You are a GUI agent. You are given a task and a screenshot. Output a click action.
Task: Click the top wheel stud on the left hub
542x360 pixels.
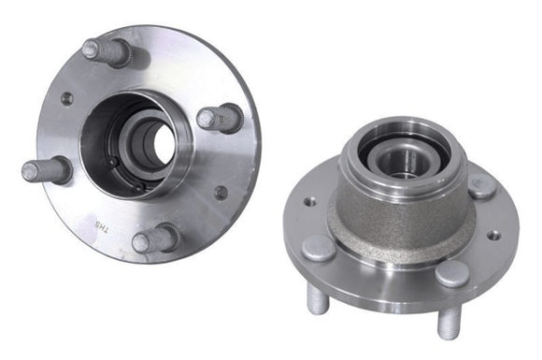[x=104, y=50]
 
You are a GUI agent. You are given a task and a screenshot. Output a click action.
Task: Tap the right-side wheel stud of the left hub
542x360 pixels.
[x=220, y=118]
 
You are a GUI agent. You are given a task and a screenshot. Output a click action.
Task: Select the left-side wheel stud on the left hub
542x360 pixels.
[x=45, y=172]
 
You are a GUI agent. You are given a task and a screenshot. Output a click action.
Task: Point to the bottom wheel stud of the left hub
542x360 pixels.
[x=154, y=240]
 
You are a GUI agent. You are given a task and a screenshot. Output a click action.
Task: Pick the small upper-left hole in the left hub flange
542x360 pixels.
[x=66, y=98]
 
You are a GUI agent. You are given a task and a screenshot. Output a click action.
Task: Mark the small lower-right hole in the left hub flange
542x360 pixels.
[x=221, y=193]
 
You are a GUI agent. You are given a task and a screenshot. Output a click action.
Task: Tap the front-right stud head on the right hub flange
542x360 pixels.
[x=453, y=273]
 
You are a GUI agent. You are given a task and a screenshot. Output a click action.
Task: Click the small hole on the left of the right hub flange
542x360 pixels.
[x=309, y=201]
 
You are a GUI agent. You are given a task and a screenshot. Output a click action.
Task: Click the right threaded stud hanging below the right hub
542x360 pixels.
[x=448, y=323]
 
